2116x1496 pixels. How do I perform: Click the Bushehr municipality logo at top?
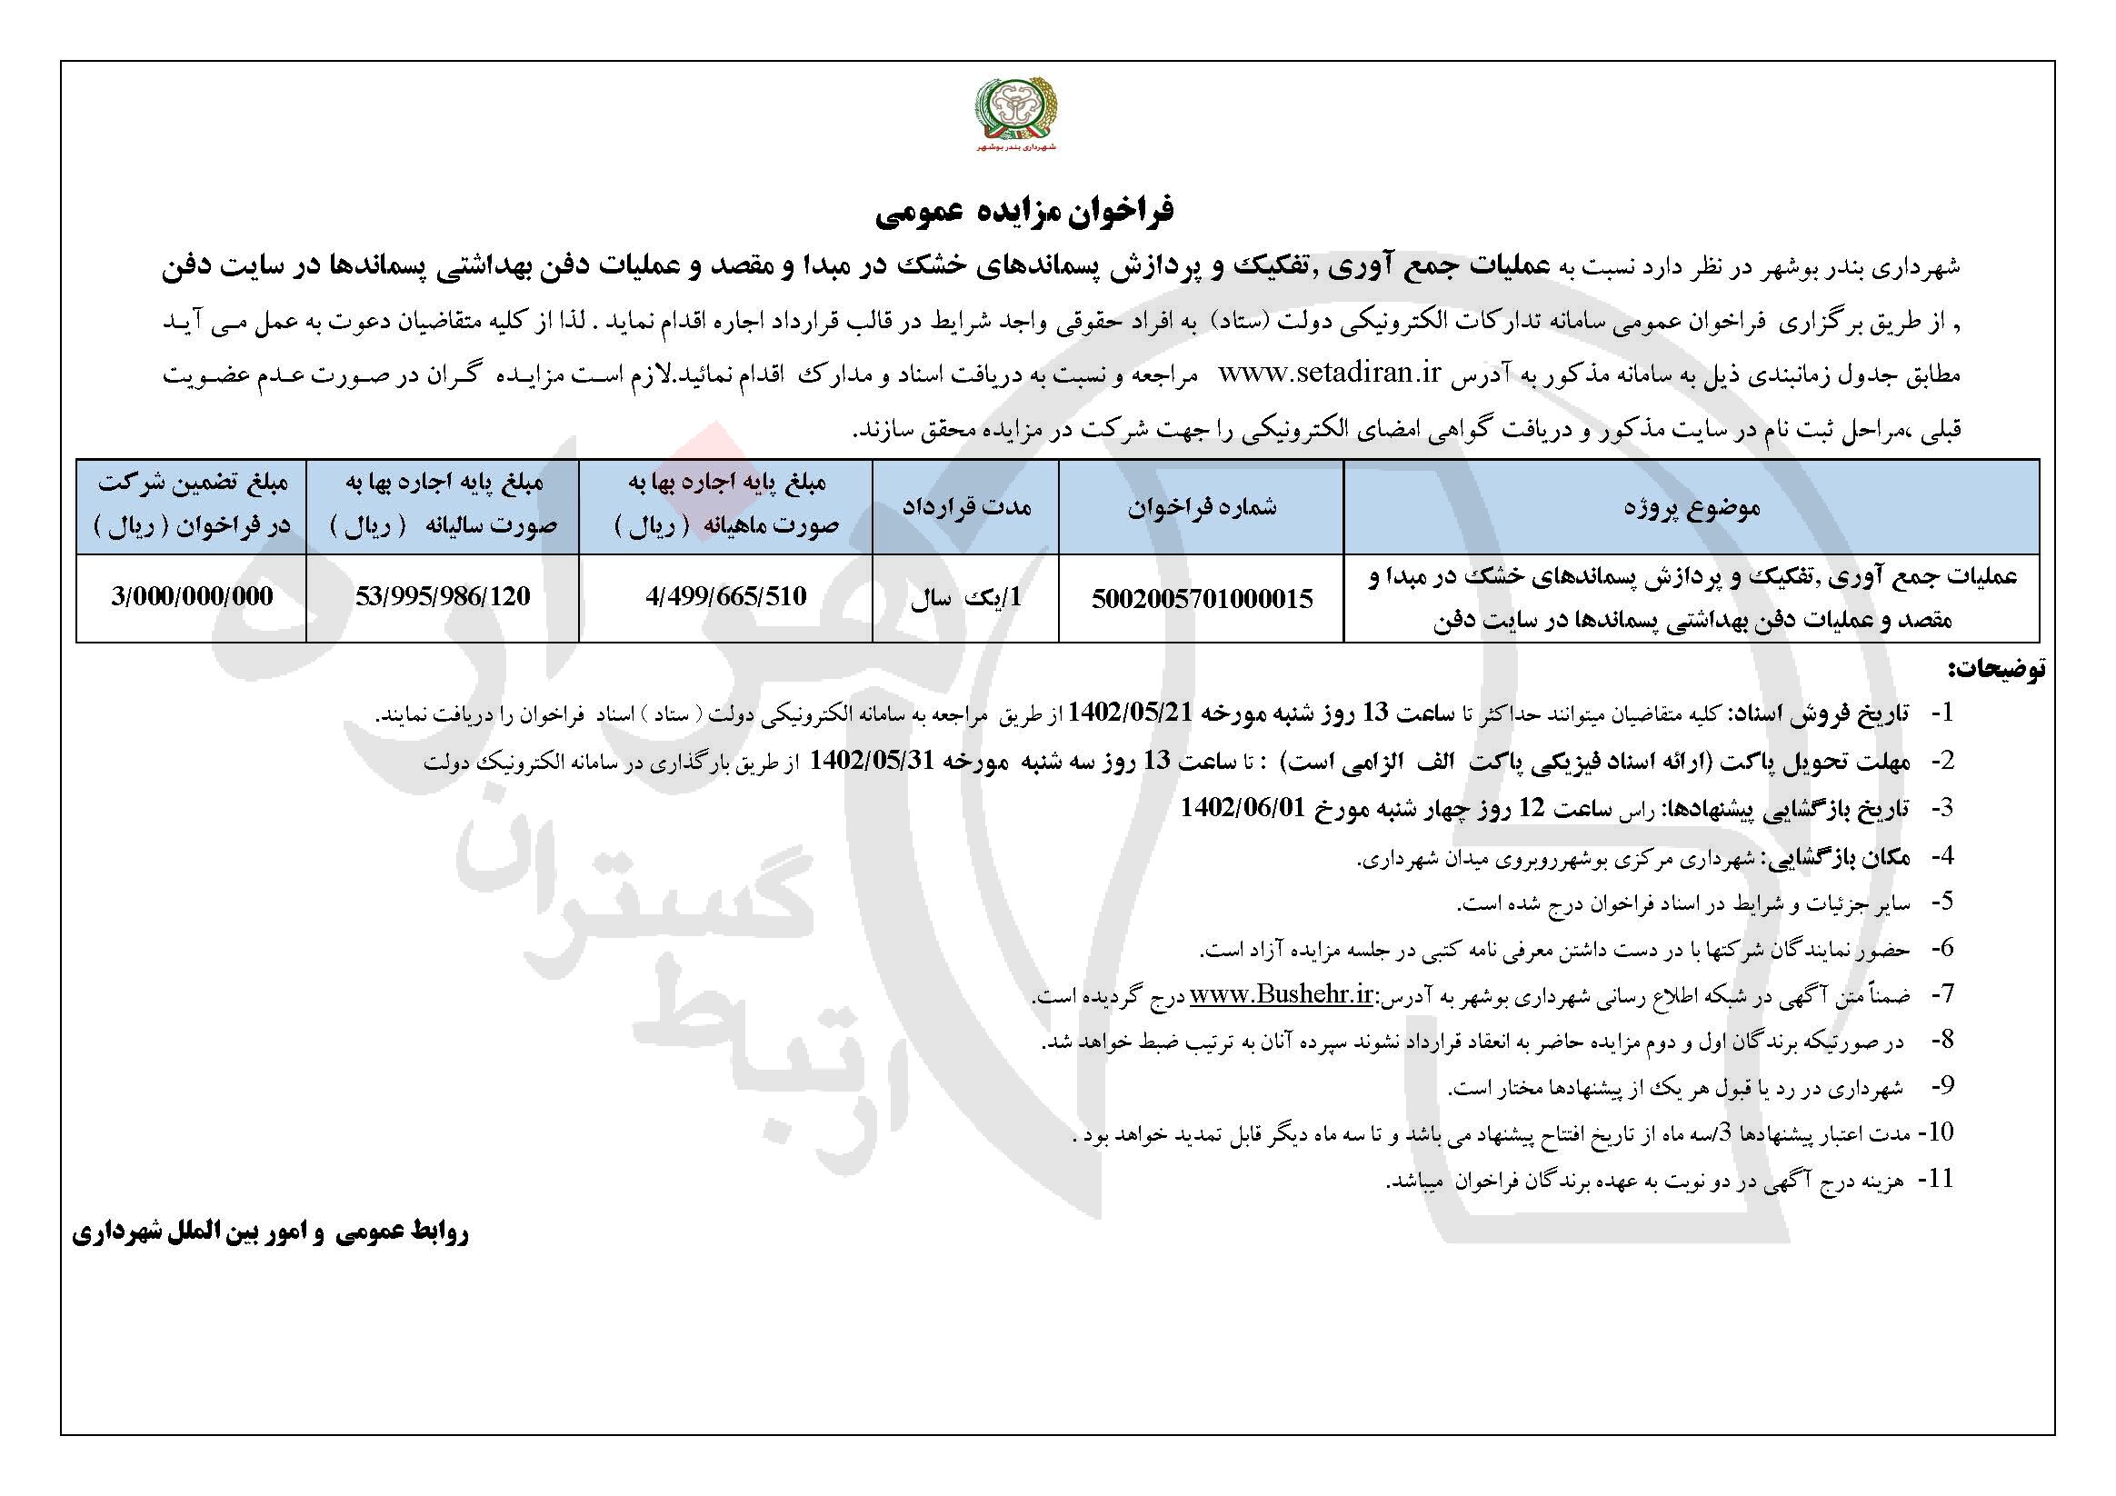click(x=1018, y=116)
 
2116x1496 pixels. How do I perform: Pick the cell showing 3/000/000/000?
click(x=192, y=596)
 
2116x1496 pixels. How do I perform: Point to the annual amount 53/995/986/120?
click(x=443, y=596)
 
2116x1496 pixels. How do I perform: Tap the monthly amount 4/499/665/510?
click(x=726, y=596)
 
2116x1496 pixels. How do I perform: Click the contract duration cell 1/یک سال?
click(x=966, y=597)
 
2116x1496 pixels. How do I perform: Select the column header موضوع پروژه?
click(x=1692, y=507)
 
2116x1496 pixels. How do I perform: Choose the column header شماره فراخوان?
click(x=1202, y=507)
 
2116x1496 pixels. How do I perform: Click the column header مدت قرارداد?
click(x=966, y=507)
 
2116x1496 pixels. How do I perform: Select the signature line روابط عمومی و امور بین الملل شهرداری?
click(x=269, y=1235)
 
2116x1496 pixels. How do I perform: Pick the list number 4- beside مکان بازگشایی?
click(x=1938, y=856)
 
